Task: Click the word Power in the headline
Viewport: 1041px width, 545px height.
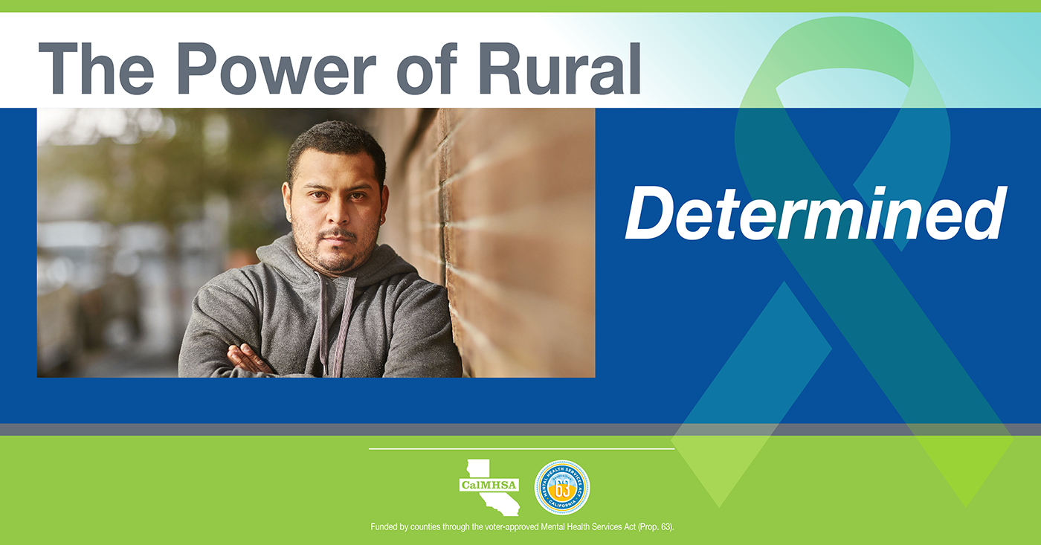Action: point(277,68)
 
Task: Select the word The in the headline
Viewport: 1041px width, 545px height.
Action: point(96,68)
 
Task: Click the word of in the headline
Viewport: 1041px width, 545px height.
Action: point(427,68)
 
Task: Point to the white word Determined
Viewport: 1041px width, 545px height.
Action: point(816,213)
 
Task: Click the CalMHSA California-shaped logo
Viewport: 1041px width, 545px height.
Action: point(489,487)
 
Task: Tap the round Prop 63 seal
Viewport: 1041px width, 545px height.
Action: point(562,488)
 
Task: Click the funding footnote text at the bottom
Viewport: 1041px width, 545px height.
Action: point(522,527)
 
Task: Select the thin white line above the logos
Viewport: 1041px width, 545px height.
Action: point(521,449)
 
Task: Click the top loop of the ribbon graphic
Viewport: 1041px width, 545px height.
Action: point(842,51)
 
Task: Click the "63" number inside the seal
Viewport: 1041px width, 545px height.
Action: point(562,488)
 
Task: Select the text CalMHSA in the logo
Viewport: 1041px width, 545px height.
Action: point(489,485)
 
